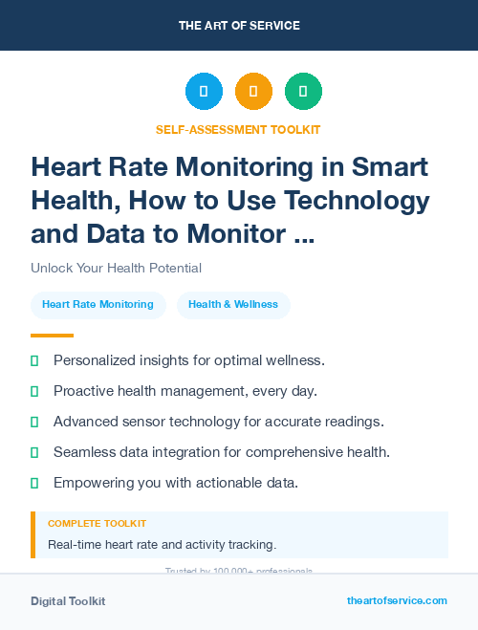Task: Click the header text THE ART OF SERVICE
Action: [x=239, y=26]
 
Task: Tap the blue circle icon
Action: [x=204, y=92]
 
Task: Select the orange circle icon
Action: [x=253, y=92]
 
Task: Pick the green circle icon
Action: [x=303, y=92]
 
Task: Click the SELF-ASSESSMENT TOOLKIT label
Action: [x=238, y=130]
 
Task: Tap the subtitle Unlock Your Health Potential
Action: [x=116, y=268]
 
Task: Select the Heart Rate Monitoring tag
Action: [x=98, y=305]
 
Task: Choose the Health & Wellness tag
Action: [x=233, y=305]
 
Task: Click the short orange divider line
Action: [x=52, y=336]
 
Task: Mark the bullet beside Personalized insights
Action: [x=34, y=360]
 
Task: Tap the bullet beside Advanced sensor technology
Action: [x=34, y=422]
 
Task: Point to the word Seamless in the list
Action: [x=84, y=452]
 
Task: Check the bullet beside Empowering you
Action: [x=34, y=483]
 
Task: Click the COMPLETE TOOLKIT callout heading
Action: [x=97, y=524]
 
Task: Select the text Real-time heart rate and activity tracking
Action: [x=162, y=545]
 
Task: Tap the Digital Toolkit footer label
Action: [x=68, y=601]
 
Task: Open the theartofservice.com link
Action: [x=397, y=600]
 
